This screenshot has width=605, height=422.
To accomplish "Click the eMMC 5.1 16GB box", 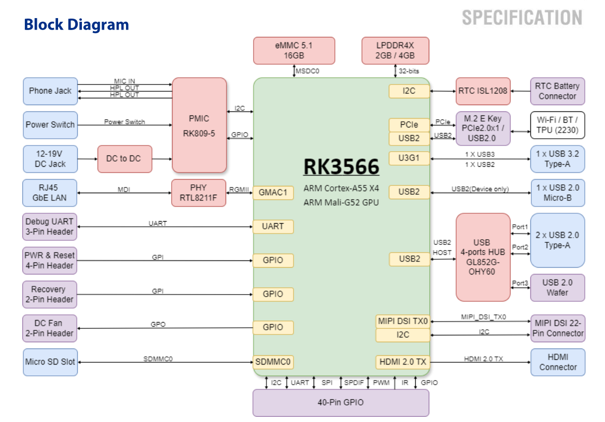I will click(x=294, y=51).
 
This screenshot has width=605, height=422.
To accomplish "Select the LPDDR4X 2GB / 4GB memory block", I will click(x=395, y=51).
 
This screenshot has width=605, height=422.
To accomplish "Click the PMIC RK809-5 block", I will click(x=199, y=125).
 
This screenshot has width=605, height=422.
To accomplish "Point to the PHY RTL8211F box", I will click(x=199, y=193).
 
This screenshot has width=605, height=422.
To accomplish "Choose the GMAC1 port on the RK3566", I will click(x=273, y=193).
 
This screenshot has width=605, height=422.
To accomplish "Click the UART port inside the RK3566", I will click(x=273, y=226).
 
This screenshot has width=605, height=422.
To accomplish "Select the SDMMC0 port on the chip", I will click(x=273, y=361).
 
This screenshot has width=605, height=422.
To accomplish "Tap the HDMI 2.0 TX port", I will click(x=403, y=362).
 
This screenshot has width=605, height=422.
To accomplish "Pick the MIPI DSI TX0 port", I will click(x=403, y=321).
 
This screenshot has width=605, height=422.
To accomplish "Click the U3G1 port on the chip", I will click(x=409, y=158).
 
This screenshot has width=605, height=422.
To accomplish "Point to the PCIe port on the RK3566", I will click(x=409, y=125).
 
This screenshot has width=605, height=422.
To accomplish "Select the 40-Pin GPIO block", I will click(x=341, y=402).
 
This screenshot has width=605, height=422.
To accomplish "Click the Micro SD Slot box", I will click(x=50, y=361).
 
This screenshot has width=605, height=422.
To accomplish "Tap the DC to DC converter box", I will click(x=123, y=158).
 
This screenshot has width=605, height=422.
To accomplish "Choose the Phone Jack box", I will click(x=50, y=91).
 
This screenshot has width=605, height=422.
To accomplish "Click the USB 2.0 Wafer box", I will click(x=557, y=287).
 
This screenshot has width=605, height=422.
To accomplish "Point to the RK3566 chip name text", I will click(x=341, y=167).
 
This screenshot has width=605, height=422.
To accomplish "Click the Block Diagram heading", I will click(x=76, y=24).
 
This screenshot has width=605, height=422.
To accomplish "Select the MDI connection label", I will click(x=123, y=190).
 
